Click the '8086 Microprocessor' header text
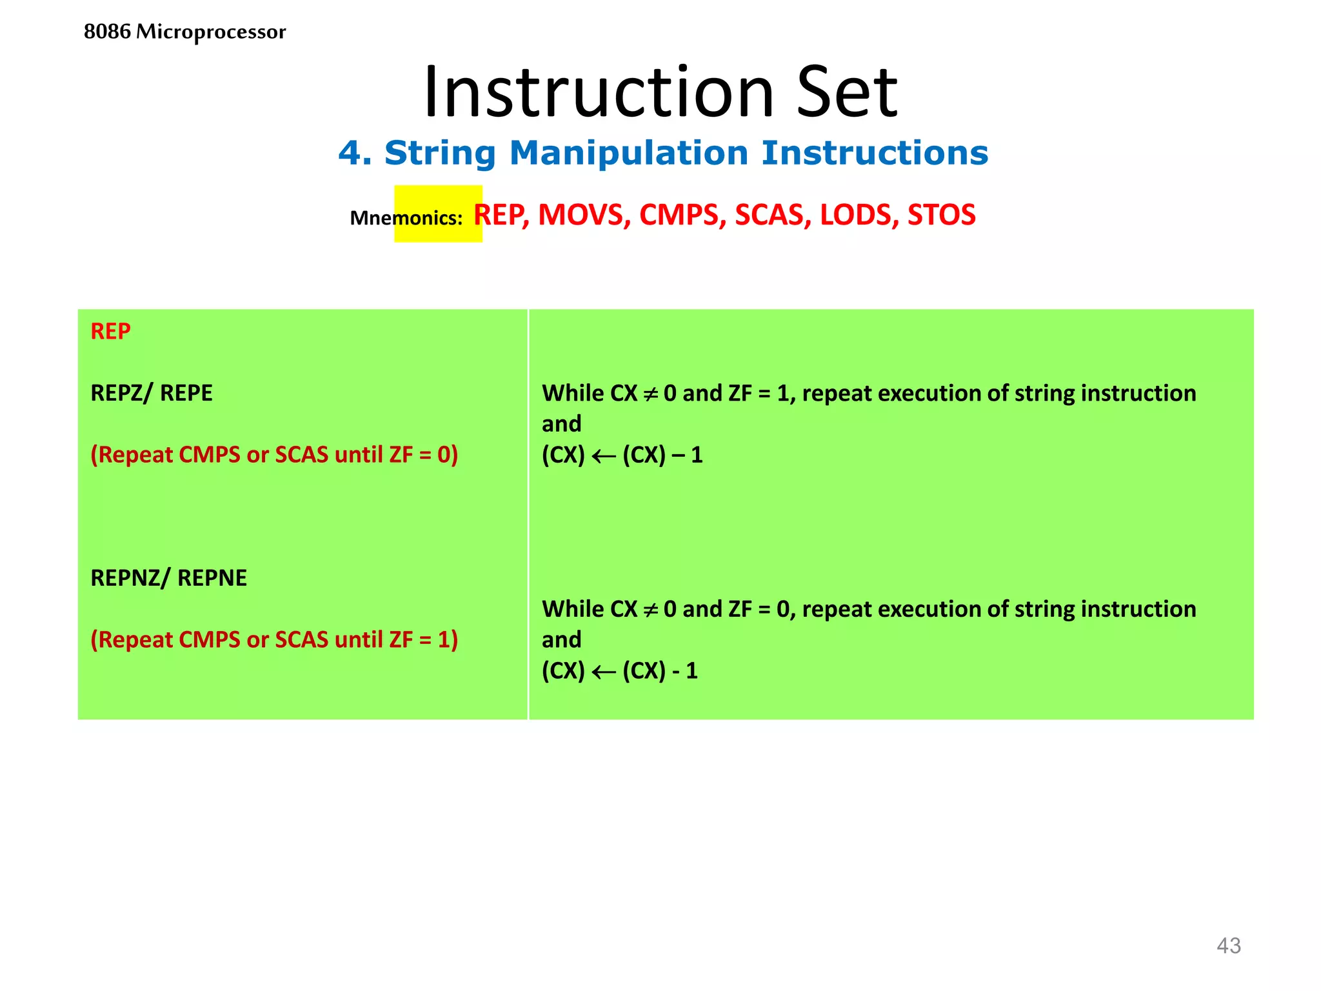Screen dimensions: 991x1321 point(184,32)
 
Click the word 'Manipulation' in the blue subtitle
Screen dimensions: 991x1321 point(628,154)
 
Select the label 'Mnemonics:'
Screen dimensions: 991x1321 point(406,218)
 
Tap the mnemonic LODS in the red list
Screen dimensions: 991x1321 point(859,215)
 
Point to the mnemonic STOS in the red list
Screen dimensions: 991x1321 point(941,215)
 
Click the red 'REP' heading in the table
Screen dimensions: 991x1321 point(110,332)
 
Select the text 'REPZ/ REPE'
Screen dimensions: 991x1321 point(152,393)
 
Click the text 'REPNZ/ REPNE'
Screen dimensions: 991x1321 point(168,578)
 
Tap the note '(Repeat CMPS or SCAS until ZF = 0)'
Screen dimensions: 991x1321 point(274,455)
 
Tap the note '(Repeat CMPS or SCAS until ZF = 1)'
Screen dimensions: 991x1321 point(274,640)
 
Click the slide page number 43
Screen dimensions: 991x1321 point(1228,946)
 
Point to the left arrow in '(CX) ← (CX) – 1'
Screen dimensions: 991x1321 point(604,456)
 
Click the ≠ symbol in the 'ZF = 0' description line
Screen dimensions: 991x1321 point(651,610)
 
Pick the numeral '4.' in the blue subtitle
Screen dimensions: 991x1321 point(355,154)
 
